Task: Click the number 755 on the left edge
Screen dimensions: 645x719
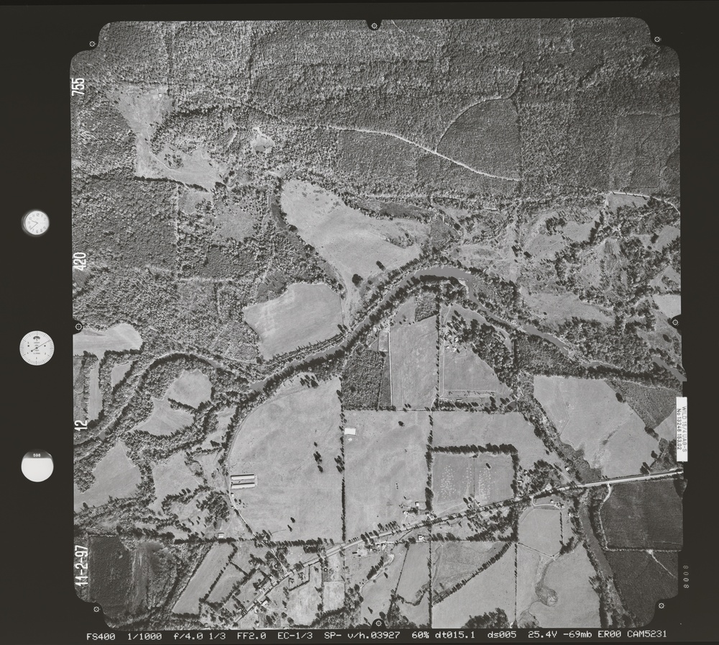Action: (79, 86)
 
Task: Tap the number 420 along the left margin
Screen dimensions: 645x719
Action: (79, 261)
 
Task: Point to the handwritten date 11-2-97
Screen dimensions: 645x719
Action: (81, 564)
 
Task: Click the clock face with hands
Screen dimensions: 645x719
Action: (35, 222)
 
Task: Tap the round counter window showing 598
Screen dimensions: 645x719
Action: (37, 466)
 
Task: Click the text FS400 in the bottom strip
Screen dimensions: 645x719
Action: (99, 636)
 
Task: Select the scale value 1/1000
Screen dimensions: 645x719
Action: (144, 636)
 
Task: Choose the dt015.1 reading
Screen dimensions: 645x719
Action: (459, 636)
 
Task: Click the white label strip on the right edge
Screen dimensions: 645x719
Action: (681, 429)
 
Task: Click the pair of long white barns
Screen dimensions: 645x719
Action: (243, 481)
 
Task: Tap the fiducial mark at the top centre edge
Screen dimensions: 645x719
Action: (374, 25)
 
